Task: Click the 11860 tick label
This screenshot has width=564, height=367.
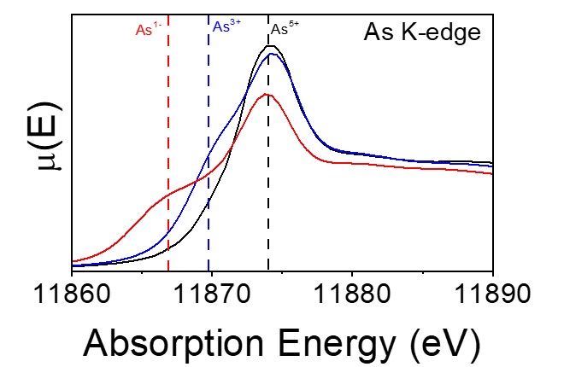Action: tap(72, 299)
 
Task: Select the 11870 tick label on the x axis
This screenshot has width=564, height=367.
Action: tap(212, 299)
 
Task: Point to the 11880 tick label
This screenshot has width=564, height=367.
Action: tap(352, 299)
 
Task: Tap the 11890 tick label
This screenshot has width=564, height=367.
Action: tap(492, 299)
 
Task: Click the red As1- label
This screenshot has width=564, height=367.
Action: tap(149, 29)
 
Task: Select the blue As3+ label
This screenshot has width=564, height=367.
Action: tap(226, 26)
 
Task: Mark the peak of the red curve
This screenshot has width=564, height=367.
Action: tap(267, 94)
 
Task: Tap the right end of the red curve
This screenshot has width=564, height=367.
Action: tap(492, 173)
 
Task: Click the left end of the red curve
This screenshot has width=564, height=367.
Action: tap(73, 260)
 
